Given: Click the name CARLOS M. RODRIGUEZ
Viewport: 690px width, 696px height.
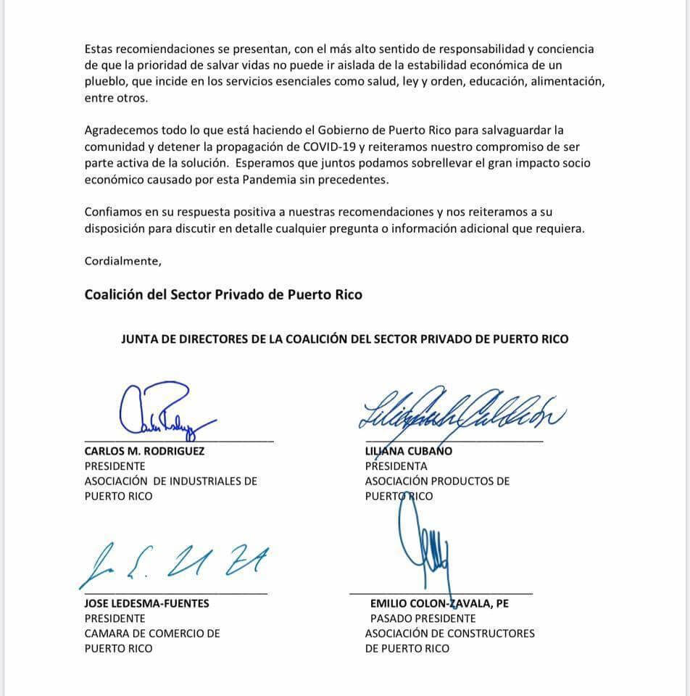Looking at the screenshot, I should point(144,451).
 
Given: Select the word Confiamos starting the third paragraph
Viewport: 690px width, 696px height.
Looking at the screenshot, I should point(113,212).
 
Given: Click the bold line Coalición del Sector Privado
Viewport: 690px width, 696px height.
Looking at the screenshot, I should point(223,295).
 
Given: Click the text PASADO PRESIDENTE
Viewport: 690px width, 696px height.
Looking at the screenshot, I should point(423,618).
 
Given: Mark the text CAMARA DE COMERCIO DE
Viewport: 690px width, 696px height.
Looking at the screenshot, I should point(152,634).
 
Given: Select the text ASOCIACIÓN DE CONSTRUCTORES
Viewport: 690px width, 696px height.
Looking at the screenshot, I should point(449,634).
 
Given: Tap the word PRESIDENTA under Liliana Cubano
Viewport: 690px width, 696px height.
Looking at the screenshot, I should point(396,466).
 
